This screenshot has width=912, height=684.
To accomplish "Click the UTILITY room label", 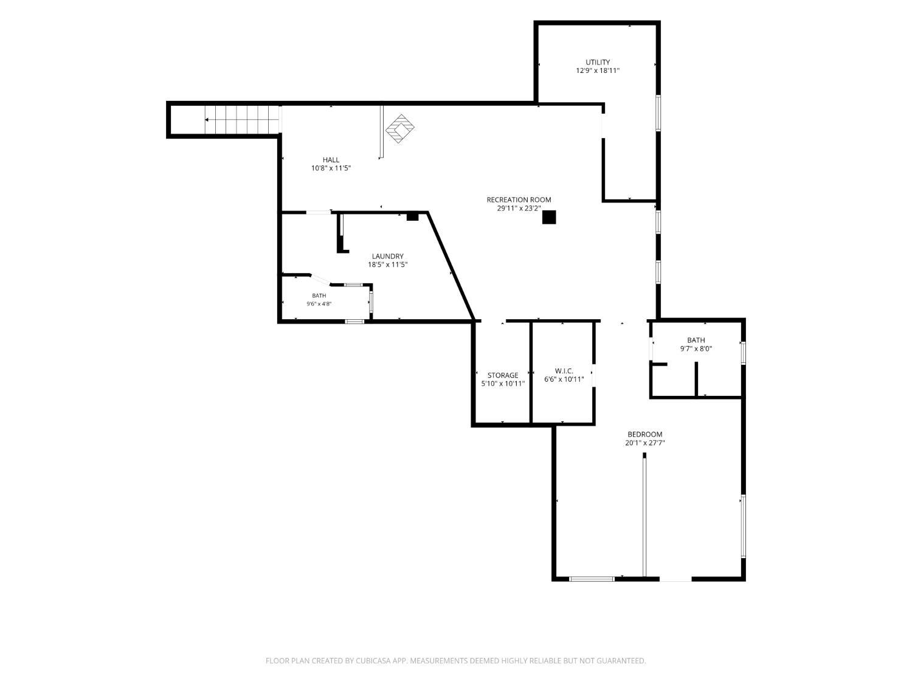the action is point(598,62).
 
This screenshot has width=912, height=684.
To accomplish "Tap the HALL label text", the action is point(331,160).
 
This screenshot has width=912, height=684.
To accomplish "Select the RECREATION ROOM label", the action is point(519,200).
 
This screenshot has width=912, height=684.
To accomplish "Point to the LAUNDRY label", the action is point(387,256).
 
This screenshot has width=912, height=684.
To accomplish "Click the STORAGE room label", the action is point(503,375).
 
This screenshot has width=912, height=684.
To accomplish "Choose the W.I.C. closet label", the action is point(564,371).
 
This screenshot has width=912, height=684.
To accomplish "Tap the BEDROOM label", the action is point(645,434).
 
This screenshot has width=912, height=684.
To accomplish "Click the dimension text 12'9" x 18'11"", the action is point(598,71).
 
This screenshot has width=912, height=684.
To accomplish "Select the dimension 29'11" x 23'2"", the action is point(519,209).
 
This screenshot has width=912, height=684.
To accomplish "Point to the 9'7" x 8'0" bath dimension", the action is point(696,349).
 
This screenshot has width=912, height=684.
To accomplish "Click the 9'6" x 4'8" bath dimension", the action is point(319,304).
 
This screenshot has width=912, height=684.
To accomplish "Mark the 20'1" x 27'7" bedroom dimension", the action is point(645,443).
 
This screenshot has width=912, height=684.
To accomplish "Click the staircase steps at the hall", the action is point(242,120).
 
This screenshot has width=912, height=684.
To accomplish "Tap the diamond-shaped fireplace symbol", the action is point(399,129).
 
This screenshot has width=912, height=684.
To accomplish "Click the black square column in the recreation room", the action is point(549,217).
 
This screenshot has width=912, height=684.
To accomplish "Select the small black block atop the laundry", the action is point(412,216).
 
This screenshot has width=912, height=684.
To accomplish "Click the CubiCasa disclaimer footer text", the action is point(456,661).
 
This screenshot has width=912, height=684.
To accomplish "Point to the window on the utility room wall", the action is point(658,113).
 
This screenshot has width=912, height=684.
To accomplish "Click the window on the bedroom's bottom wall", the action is point(592,579).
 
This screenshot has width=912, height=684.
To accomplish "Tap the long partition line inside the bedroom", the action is point(644,515).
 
